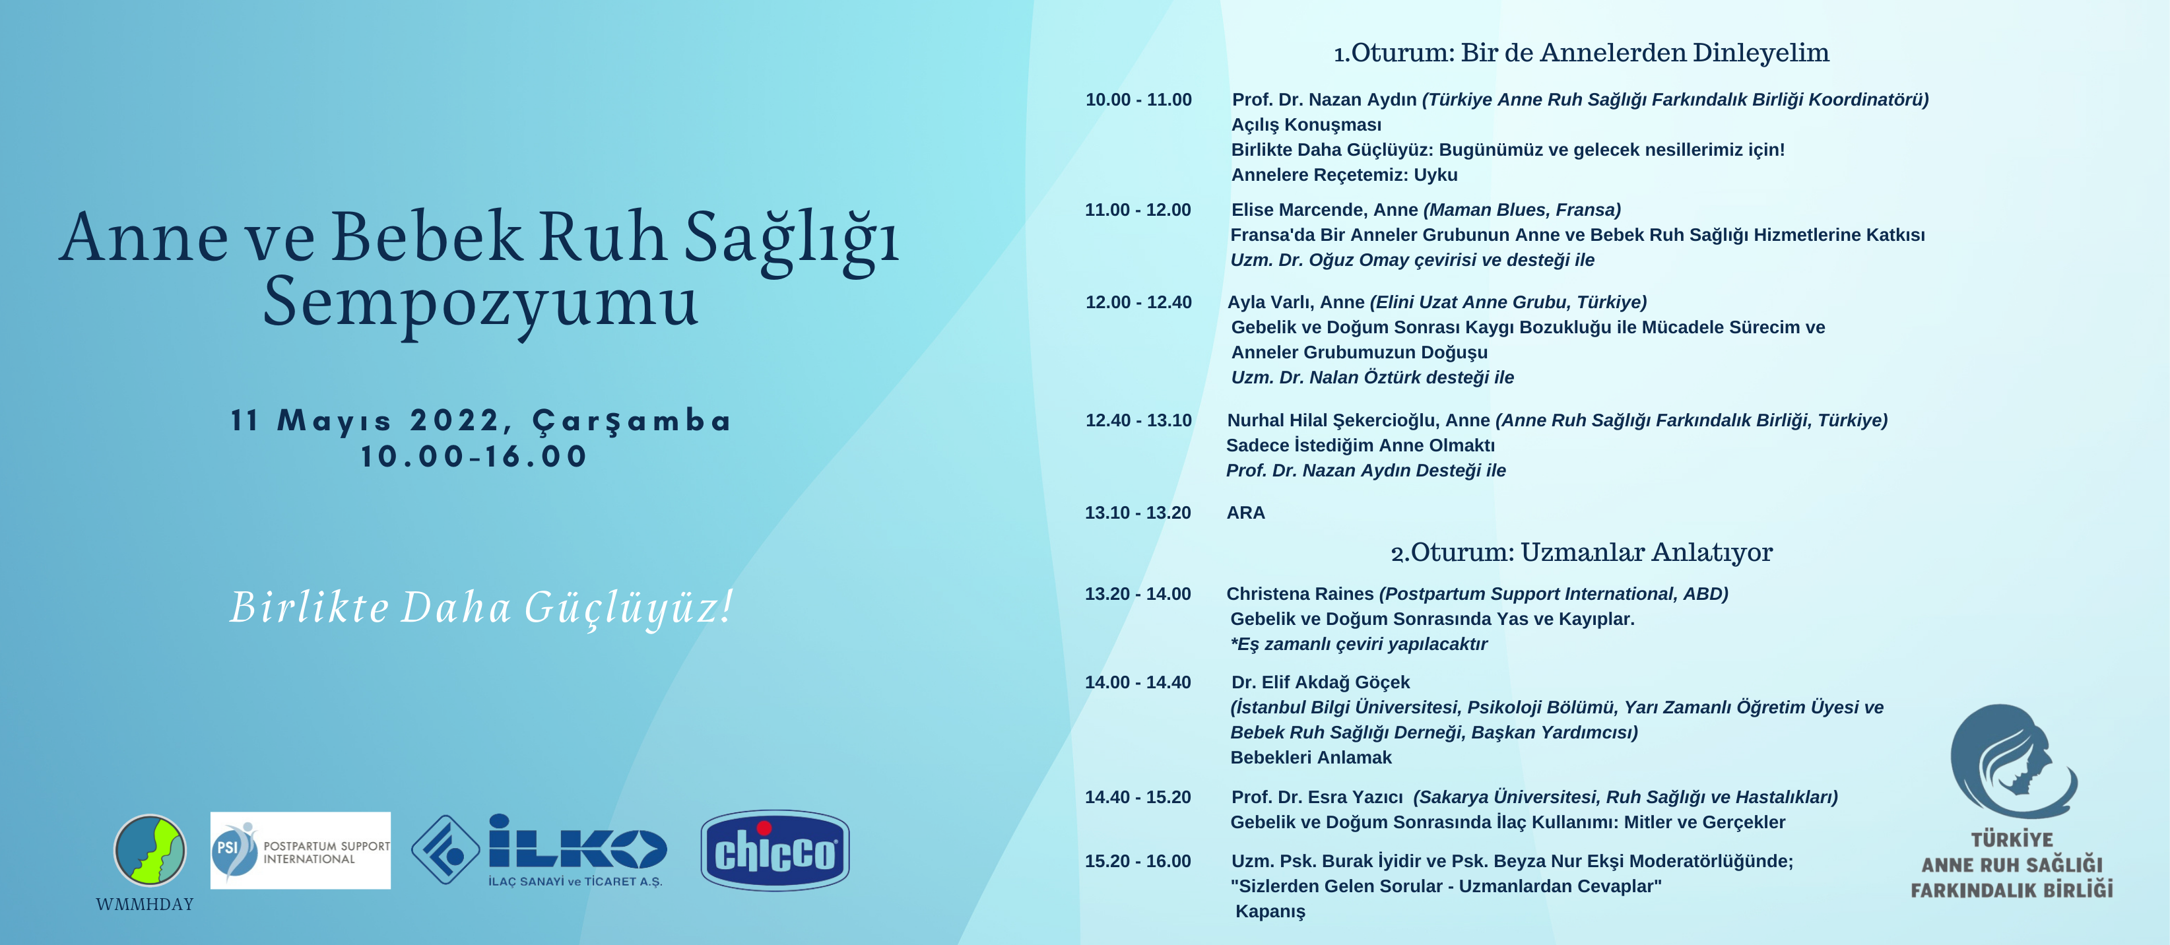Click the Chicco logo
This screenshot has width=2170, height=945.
[x=775, y=851]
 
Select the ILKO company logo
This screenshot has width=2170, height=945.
[x=539, y=851]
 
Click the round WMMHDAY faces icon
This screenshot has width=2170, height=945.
[x=150, y=850]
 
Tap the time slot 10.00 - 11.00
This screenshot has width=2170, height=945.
[x=1138, y=100]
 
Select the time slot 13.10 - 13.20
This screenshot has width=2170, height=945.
[x=1138, y=513]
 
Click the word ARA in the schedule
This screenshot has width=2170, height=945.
[x=1246, y=513]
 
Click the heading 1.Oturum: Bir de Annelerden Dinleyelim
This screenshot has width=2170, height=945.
[x=1581, y=53]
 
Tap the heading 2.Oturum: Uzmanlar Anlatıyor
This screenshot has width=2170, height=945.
[x=1581, y=552]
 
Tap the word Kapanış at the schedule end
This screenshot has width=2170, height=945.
[x=1270, y=912]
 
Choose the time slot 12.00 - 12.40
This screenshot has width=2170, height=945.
[x=1138, y=302]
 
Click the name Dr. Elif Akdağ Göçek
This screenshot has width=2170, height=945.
[x=1320, y=682]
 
